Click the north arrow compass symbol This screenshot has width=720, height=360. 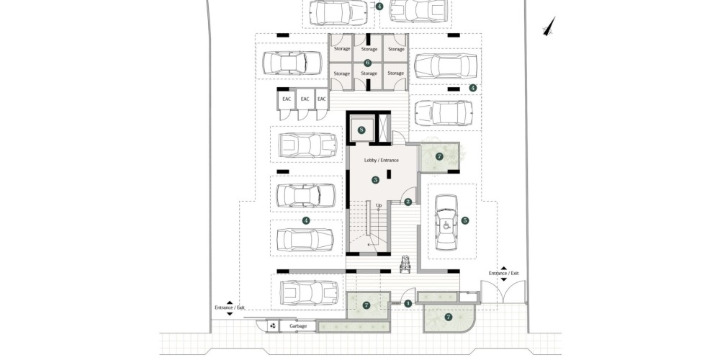click(549, 27)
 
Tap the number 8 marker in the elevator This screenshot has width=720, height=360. click(362, 130)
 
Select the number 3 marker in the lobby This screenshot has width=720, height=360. click(376, 180)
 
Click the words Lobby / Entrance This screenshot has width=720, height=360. click(381, 161)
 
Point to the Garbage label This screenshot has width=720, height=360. click(298, 326)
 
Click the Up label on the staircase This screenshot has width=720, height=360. click(379, 205)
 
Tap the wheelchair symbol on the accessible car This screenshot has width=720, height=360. click(446, 225)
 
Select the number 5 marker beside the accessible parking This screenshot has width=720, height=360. click(465, 220)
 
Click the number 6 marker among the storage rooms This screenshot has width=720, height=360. click(367, 63)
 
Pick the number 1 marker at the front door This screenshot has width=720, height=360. click(408, 303)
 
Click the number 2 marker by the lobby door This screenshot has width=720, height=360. click(408, 202)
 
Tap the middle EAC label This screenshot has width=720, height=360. click(305, 99)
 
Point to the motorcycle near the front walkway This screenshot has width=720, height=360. click(406, 264)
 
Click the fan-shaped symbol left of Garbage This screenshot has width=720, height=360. click(273, 326)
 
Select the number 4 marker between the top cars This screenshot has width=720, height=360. click(379, 6)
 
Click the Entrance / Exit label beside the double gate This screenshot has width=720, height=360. click(504, 273)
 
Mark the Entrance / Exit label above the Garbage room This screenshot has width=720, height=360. click(230, 307)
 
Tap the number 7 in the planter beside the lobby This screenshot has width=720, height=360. click(439, 156)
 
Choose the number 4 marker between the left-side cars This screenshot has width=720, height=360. click(306, 221)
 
